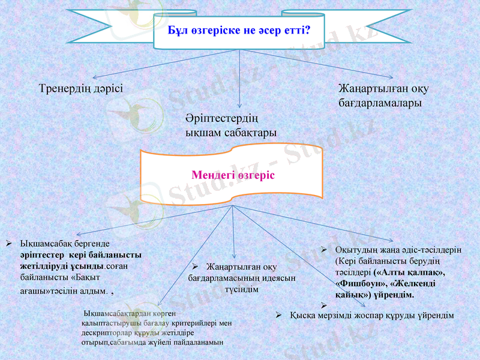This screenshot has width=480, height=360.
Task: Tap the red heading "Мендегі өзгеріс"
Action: pyautogui.click(x=233, y=175)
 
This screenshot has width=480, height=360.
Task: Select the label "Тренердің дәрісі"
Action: pyautogui.click(x=81, y=88)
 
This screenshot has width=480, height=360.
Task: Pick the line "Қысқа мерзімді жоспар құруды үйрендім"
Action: pyautogui.click(x=371, y=315)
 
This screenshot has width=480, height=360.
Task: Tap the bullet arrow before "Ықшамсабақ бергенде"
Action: pyautogui.click(x=10, y=244)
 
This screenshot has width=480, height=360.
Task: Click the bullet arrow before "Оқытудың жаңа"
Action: pyautogui.click(x=323, y=249)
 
